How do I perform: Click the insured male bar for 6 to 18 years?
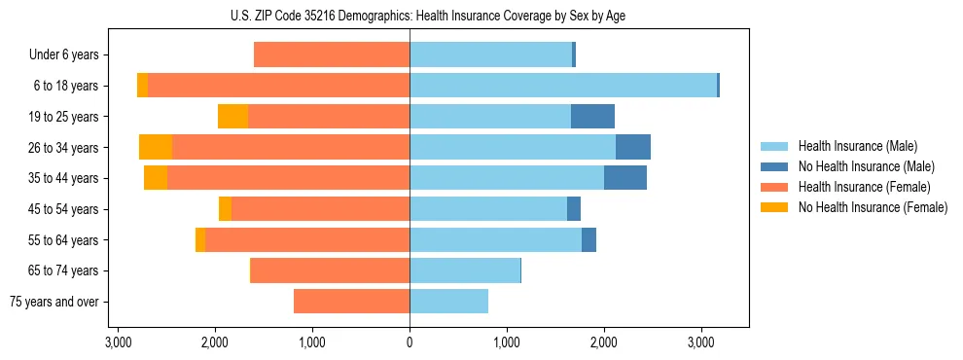click(563, 86)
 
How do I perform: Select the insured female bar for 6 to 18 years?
click(278, 86)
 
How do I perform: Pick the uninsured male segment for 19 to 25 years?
click(592, 117)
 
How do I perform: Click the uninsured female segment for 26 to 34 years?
click(156, 148)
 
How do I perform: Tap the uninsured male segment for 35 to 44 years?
click(625, 178)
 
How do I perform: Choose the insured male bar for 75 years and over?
click(448, 302)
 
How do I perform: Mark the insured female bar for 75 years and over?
click(351, 302)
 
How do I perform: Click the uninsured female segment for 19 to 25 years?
click(232, 117)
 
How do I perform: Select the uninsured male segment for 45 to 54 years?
click(574, 209)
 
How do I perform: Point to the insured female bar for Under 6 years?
click(332, 55)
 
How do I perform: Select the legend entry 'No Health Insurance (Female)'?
click(873, 207)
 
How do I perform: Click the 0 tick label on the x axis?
click(410, 343)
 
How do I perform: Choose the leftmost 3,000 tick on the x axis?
click(118, 343)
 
